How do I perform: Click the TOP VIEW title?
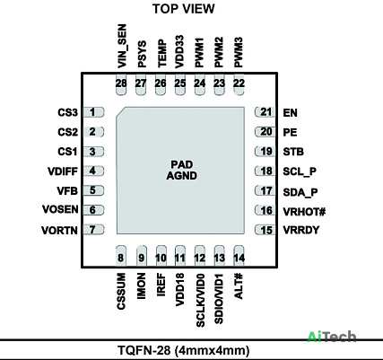[x=184, y=9]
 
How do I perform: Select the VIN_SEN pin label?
[x=122, y=46]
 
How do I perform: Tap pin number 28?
[x=121, y=83]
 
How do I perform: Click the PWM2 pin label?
[x=219, y=52]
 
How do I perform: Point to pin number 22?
[x=239, y=83]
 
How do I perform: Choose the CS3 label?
[x=67, y=112]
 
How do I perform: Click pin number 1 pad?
[x=92, y=112]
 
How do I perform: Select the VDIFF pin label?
[x=63, y=171]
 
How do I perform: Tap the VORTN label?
[x=59, y=231]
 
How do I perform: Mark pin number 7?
[x=92, y=230]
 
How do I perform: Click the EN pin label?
[x=290, y=113]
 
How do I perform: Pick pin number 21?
[x=265, y=112]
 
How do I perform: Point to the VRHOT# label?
[x=304, y=212]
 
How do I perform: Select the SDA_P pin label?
[x=300, y=192]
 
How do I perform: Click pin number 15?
[x=266, y=231]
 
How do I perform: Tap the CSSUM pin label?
[x=121, y=291]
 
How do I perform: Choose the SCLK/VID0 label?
[x=200, y=300]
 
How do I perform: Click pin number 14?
[x=239, y=258]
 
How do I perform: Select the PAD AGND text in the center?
[x=181, y=170]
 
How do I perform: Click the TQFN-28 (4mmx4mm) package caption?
[x=184, y=350]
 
